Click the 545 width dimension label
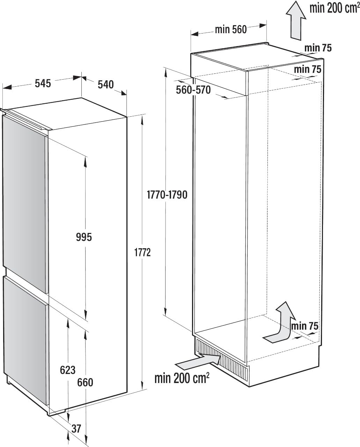43,83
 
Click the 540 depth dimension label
105,84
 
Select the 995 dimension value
84,237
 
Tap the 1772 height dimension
142,252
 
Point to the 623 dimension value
67,369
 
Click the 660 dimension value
85,382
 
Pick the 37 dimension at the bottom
76,428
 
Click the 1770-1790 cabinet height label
167,195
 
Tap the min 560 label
230,30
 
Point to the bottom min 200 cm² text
182,378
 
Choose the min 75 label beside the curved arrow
304,326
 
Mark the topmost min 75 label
318,48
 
